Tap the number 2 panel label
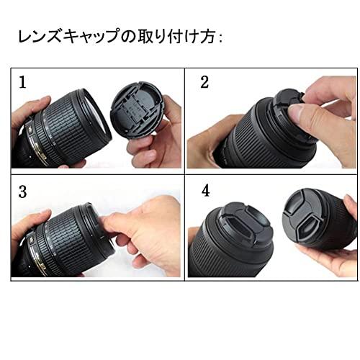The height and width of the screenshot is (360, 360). [x=204, y=82]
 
